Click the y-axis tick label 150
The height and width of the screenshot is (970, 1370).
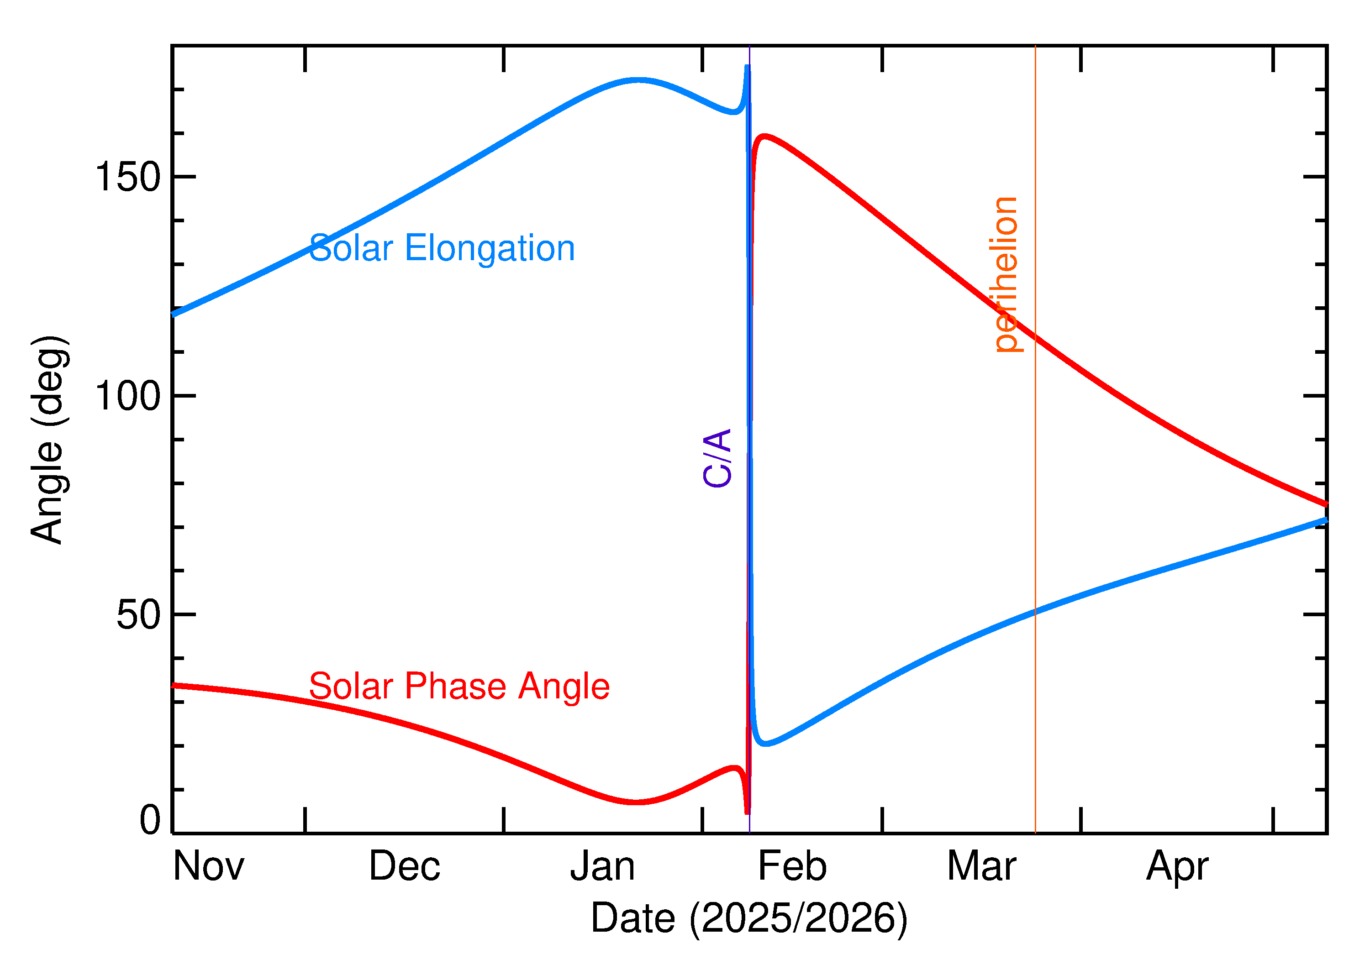tap(128, 178)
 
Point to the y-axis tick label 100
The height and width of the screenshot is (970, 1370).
tap(128, 396)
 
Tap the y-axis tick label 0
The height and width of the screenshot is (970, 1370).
tap(150, 820)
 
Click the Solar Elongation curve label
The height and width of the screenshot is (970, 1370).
tap(442, 248)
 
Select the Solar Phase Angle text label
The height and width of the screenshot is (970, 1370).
tap(459, 686)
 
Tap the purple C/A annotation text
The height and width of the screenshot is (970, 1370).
tap(717, 458)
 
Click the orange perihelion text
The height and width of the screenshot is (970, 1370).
tap(1006, 275)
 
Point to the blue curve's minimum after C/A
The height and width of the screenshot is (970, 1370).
tap(765, 744)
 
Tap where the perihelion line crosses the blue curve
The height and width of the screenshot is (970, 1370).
tap(1035, 612)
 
